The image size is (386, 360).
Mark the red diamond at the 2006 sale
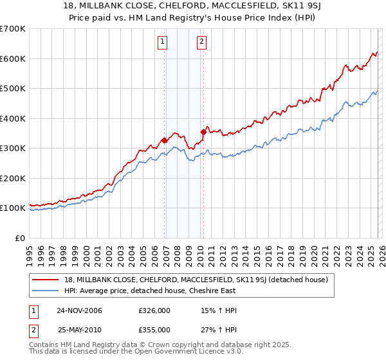tap(165, 140)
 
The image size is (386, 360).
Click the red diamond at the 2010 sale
tap(204, 132)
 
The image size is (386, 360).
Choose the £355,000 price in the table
tap(154, 329)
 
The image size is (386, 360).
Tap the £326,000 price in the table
tap(154, 311)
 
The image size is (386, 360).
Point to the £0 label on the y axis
tap(19, 239)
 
